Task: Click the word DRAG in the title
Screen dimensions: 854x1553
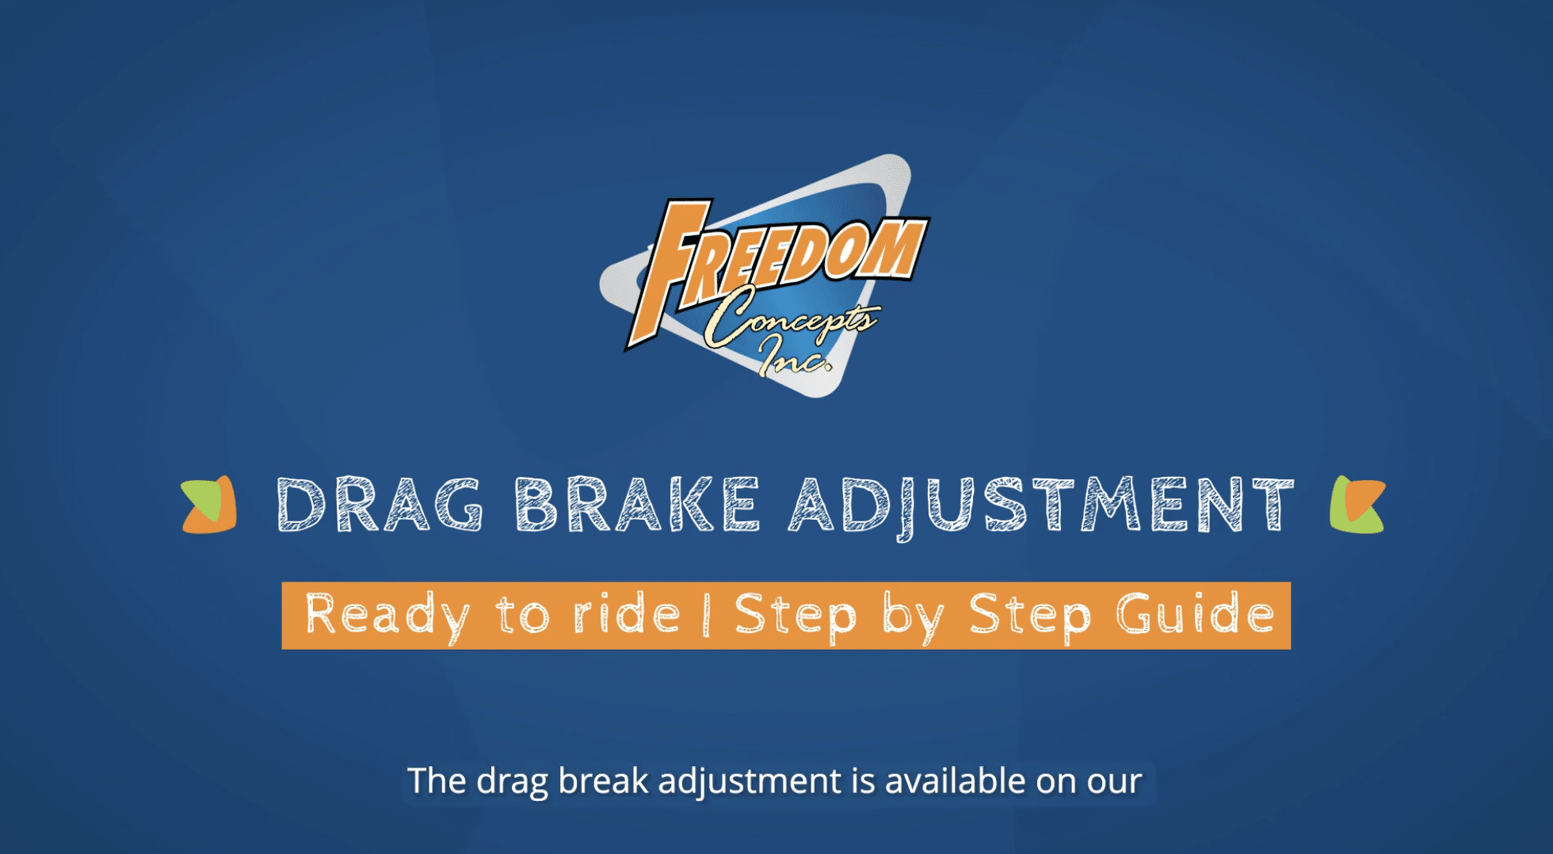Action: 380,505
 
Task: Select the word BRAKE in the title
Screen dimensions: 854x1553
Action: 637,505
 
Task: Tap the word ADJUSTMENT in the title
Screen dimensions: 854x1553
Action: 1041,505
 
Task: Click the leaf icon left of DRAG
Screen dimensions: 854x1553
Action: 209,505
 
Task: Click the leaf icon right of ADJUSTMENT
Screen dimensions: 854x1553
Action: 1357,505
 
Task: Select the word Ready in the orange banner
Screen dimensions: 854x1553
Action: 387,616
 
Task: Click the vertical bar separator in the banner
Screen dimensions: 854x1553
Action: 706,616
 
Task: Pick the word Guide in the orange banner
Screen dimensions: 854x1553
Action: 1196,616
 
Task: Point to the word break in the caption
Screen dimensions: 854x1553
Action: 603,781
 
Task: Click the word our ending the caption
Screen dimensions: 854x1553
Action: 1114,781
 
